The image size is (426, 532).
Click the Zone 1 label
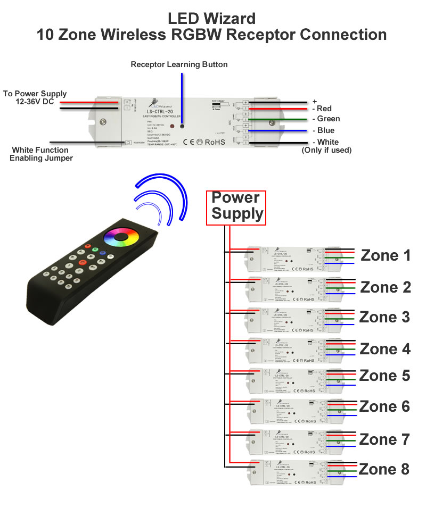[386, 255]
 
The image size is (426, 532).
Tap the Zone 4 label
[386, 350]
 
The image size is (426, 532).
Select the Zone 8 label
[384, 469]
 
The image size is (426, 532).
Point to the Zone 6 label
[384, 406]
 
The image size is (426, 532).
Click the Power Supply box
[236, 206]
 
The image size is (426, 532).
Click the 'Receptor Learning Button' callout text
[179, 64]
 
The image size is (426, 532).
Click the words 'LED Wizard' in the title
[211, 19]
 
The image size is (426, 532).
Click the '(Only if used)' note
[326, 150]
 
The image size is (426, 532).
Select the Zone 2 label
[386, 287]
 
